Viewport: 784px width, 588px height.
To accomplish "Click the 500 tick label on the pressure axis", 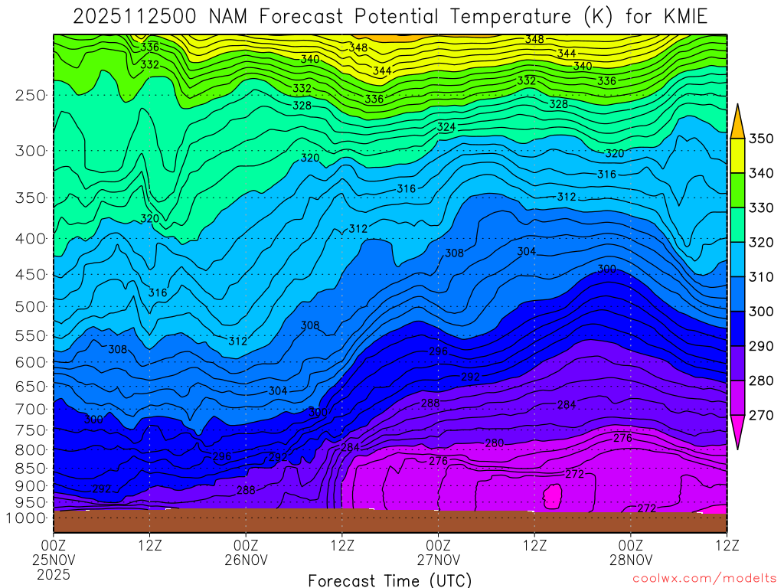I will (31, 306).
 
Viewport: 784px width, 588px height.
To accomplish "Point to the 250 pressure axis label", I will (31, 96).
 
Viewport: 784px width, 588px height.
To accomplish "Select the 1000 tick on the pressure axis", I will (27, 518).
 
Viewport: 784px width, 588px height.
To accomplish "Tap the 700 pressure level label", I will (31, 410).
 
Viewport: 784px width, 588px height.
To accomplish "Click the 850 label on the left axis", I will (31, 468).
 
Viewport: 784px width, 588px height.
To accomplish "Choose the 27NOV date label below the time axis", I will (438, 560).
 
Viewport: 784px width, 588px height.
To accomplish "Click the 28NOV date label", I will (630, 560).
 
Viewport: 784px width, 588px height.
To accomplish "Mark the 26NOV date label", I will (246, 560).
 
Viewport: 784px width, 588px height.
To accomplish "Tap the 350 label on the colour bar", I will (760, 139).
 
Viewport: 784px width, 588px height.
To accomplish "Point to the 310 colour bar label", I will (760, 276).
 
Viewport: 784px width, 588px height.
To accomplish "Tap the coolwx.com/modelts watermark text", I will (704, 580).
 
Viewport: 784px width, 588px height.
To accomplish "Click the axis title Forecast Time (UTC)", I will (390, 580).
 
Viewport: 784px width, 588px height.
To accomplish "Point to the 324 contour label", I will (446, 126).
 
